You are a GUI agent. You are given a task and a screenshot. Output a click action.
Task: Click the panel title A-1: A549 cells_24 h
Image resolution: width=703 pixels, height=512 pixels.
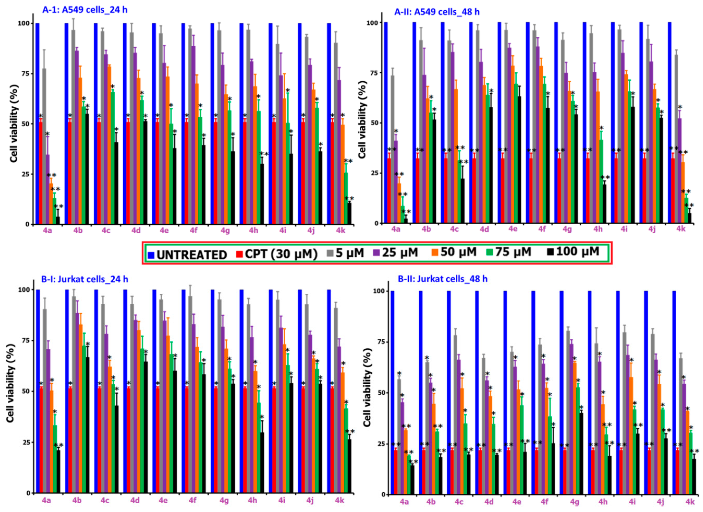pyautogui.click(x=85, y=10)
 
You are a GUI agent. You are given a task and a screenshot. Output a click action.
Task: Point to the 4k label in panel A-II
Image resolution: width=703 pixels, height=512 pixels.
pyautogui.click(x=681, y=229)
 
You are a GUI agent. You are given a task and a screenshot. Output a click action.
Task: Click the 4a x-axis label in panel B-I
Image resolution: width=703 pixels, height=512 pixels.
pyautogui.click(x=47, y=500)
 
